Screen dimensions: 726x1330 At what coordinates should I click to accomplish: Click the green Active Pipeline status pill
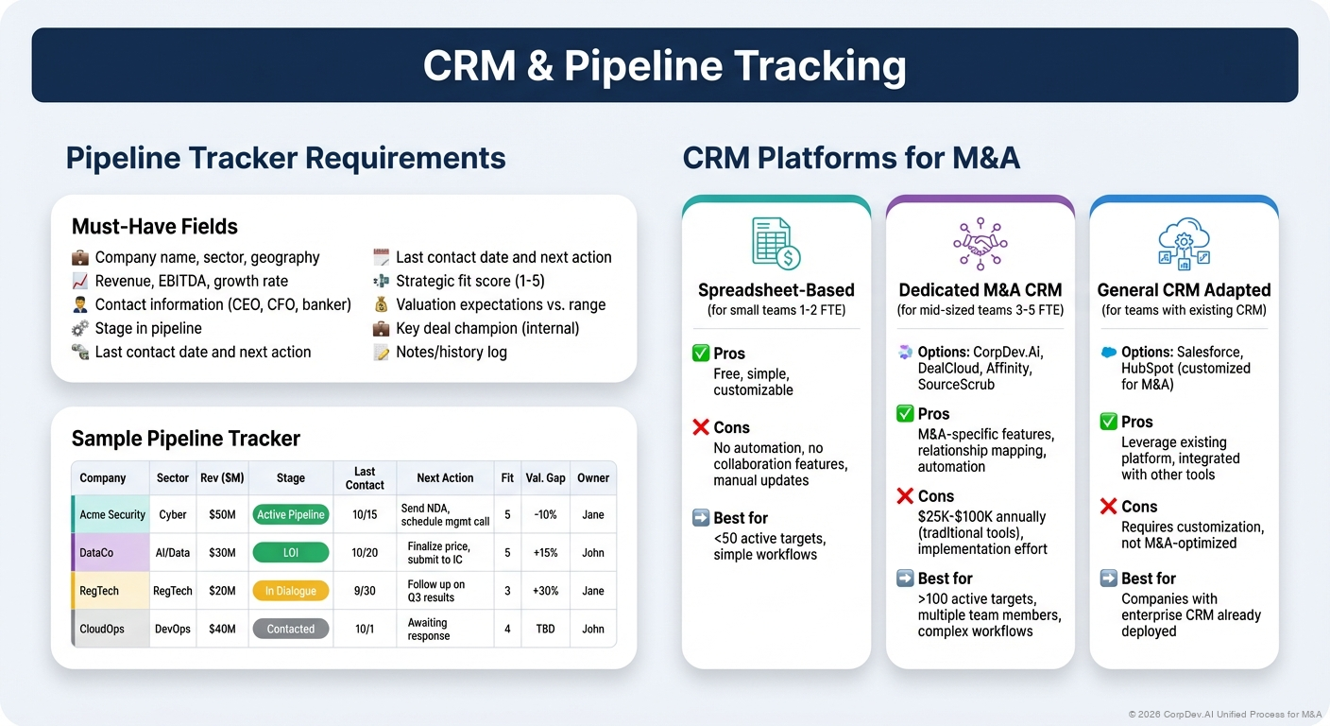(290, 514)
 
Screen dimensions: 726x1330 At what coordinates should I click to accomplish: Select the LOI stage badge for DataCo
(290, 553)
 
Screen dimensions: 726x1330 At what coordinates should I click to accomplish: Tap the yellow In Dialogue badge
(290, 591)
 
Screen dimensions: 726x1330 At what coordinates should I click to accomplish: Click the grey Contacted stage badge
(290, 629)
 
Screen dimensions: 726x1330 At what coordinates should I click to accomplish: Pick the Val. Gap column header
(545, 478)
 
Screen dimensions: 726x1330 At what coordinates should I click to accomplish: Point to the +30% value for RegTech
(545, 591)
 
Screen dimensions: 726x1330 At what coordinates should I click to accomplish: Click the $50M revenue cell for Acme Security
(222, 514)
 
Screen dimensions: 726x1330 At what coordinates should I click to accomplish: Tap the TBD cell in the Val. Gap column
(545, 629)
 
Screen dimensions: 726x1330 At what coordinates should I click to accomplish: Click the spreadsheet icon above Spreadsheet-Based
(776, 243)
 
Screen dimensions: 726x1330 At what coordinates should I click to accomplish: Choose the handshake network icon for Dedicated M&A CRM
(980, 243)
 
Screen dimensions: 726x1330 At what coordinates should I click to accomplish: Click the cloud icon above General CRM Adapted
(1184, 243)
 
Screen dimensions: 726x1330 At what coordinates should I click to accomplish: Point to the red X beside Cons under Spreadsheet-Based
(701, 427)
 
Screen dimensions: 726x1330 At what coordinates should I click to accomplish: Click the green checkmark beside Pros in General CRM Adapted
(1109, 422)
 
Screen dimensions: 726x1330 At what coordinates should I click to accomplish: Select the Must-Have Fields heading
(154, 227)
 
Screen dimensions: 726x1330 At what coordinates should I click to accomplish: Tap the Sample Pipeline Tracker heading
(185, 439)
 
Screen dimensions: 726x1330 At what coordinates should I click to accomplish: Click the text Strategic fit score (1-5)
(469, 281)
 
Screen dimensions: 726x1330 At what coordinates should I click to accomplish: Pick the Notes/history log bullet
(451, 352)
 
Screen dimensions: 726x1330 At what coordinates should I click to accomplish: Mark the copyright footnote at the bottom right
(1224, 715)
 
